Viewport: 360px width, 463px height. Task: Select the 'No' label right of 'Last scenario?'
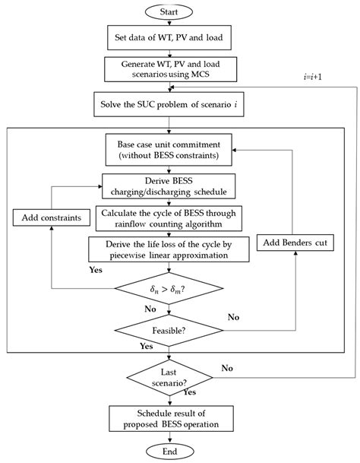click(x=226, y=367)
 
